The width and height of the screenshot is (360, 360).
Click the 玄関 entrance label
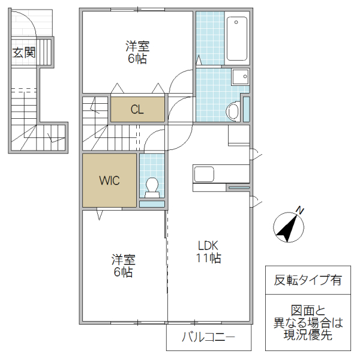click(23, 53)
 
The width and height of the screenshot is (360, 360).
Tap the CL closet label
click(137, 109)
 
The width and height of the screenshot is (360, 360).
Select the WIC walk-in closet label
click(110, 180)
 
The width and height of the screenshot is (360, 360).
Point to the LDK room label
click(209, 245)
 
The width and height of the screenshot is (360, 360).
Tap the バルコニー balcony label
click(208, 338)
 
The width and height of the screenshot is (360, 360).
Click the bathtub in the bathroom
click(237, 39)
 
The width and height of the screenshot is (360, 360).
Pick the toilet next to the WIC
click(152, 187)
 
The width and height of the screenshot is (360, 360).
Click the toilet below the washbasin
click(233, 112)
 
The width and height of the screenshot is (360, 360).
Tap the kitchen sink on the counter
click(204, 175)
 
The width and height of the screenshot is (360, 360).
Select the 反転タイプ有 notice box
click(308, 280)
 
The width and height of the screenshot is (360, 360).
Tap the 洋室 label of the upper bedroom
click(137, 46)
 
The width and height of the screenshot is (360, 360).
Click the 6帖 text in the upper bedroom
click(137, 59)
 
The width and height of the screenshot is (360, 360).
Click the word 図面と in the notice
click(308, 311)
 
